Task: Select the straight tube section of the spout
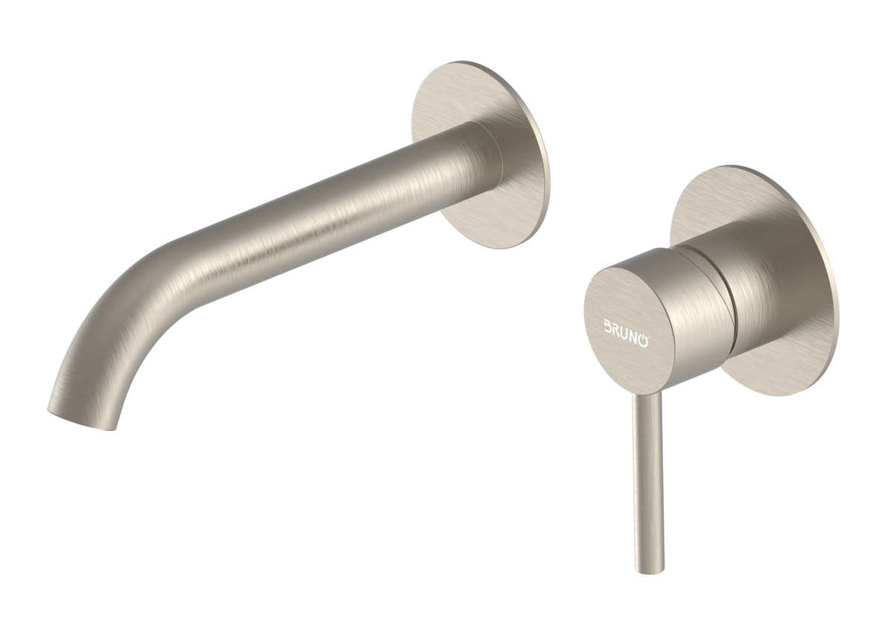335,201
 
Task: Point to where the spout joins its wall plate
477,160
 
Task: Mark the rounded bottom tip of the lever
648,567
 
